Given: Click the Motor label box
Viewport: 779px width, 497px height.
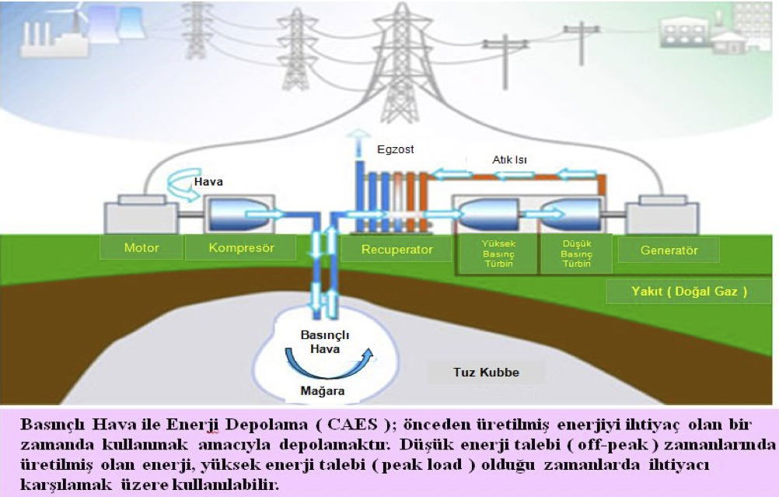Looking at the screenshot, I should coord(141,249).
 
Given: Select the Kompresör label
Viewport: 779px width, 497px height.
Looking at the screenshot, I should coord(241,249).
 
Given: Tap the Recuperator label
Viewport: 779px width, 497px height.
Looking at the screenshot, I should coord(397,250).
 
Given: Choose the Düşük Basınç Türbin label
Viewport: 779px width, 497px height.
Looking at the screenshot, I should coord(577,254).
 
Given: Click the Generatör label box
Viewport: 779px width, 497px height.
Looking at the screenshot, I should coord(668,250).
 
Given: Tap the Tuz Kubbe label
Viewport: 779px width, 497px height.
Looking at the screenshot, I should coord(486,372).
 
